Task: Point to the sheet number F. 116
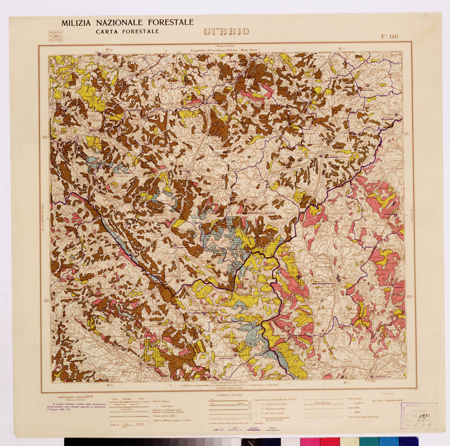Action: coord(389,37)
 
